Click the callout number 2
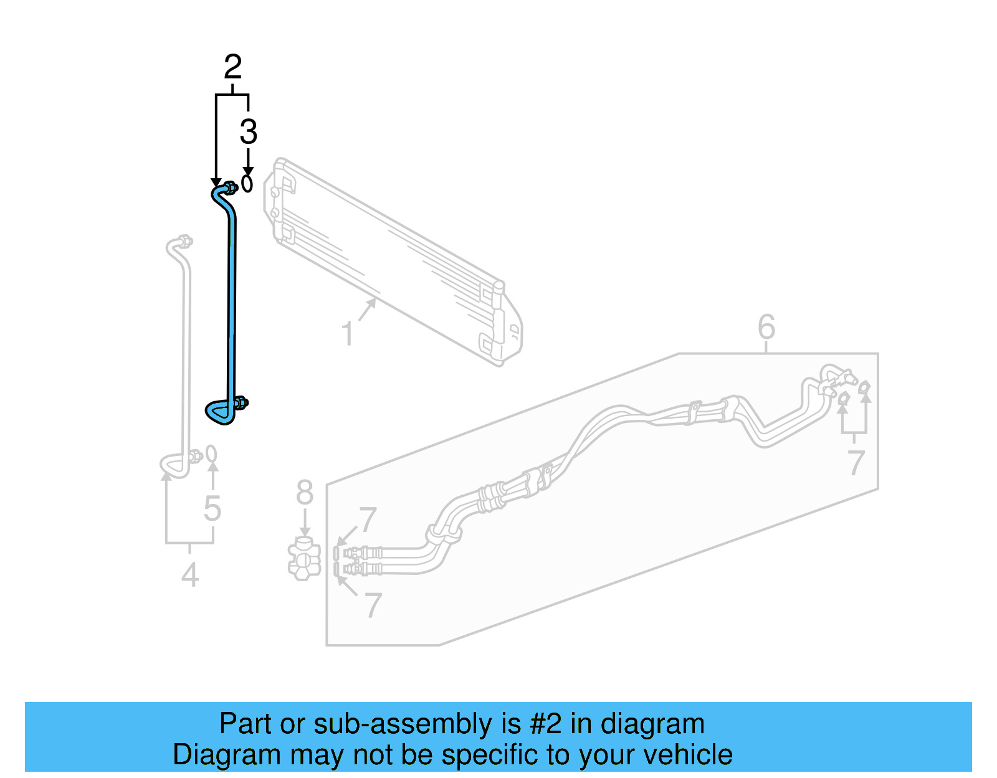coord(232,67)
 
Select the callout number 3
coord(248,132)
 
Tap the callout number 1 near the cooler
coord(348,333)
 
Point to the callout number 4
coord(190,574)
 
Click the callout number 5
coord(212,508)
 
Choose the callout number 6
coord(766,326)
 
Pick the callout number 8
coord(305,493)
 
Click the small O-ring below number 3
coord(247,184)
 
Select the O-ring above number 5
coord(212,454)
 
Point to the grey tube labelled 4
coord(186,349)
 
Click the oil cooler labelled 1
coord(393,262)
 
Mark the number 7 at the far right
coord(856,462)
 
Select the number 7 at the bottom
coord(372,604)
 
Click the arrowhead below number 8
coord(305,530)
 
